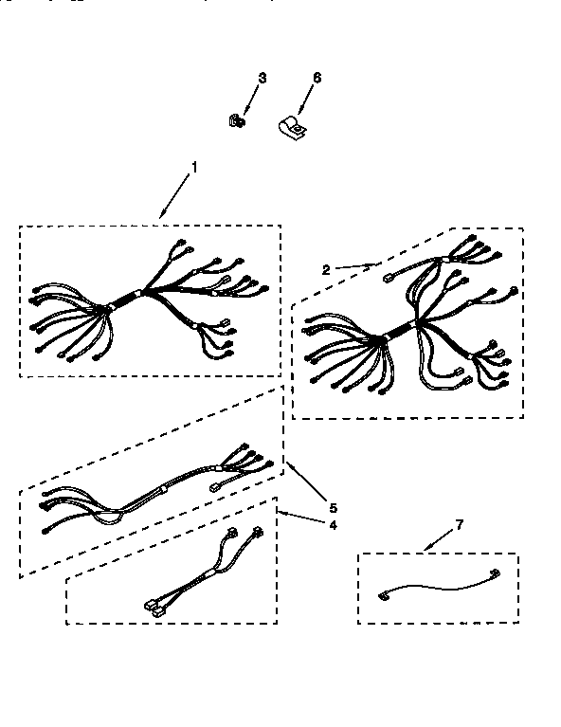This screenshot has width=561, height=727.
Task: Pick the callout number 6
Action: tap(317, 78)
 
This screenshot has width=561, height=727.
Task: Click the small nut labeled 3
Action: tap(237, 120)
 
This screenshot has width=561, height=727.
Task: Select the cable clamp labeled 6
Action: tap(291, 126)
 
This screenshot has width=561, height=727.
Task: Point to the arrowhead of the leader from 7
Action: tap(421, 550)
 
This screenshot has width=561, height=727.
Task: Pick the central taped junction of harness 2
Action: tap(398, 332)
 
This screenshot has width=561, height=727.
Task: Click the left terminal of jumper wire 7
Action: tap(383, 595)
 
